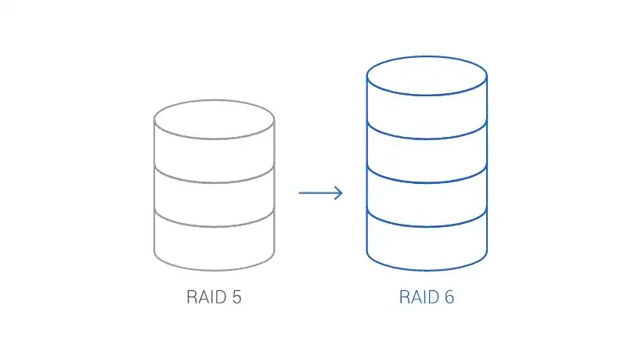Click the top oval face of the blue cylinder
427,77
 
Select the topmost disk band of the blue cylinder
427,110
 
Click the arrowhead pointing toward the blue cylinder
338,193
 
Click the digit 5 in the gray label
236,297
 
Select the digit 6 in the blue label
449,297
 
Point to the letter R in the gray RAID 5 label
192,297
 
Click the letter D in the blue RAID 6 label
432,297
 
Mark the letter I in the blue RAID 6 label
424,297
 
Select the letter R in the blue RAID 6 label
405,297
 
